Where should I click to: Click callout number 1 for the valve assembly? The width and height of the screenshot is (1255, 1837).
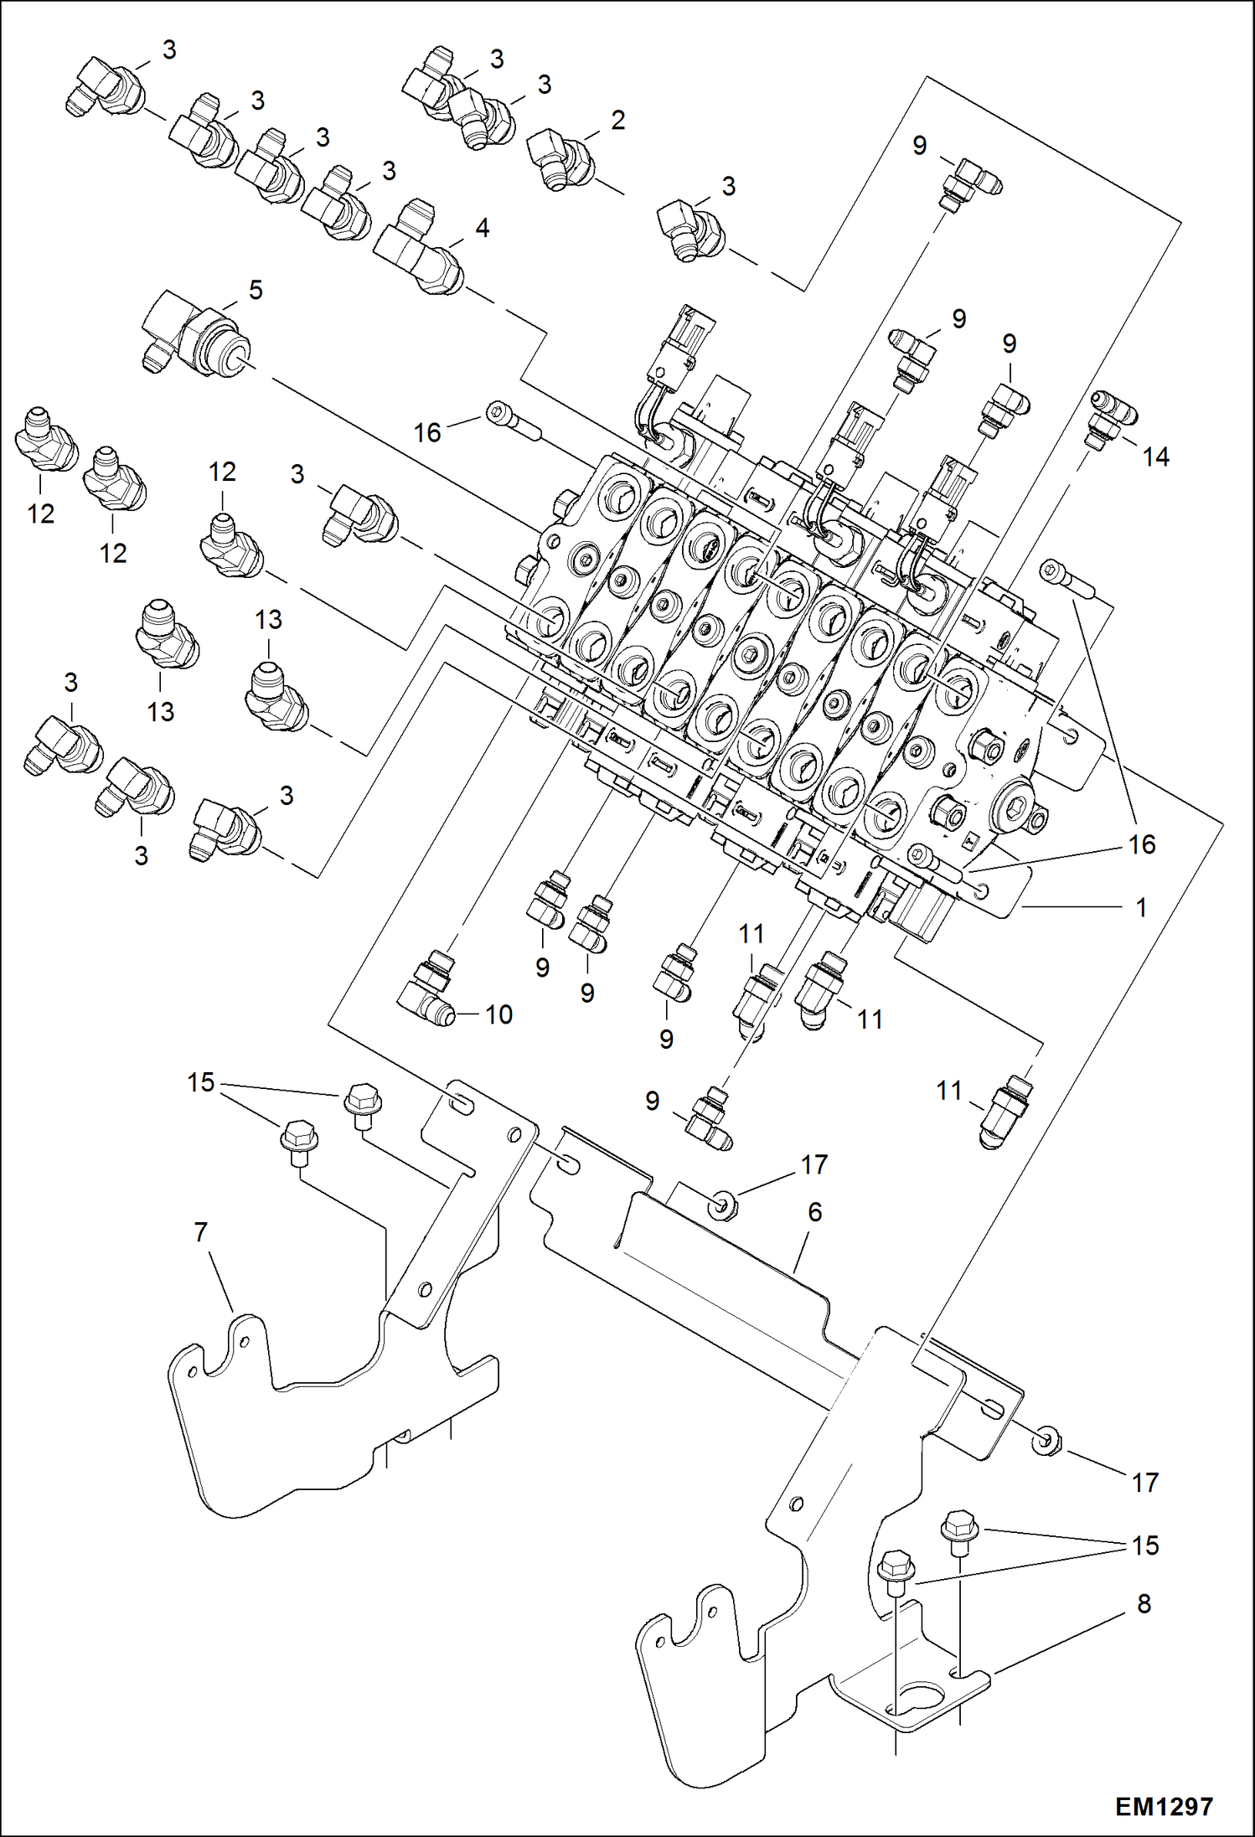(x=1140, y=907)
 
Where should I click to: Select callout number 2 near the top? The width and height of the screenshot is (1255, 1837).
(x=618, y=121)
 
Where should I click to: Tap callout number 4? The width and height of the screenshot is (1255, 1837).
(x=482, y=228)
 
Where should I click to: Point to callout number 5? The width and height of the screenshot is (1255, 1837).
(x=256, y=290)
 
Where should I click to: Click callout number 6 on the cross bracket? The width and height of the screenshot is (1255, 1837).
(x=814, y=1212)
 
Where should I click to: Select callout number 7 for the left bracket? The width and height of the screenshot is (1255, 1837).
(x=201, y=1232)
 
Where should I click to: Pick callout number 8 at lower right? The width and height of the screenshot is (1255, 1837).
(x=1144, y=1603)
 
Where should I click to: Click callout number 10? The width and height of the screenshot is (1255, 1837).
(x=498, y=1014)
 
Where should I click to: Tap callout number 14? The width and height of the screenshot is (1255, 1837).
(x=1155, y=457)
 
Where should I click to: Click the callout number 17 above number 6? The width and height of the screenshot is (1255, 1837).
(x=814, y=1165)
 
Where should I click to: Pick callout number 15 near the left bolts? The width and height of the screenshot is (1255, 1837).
(x=201, y=1082)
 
